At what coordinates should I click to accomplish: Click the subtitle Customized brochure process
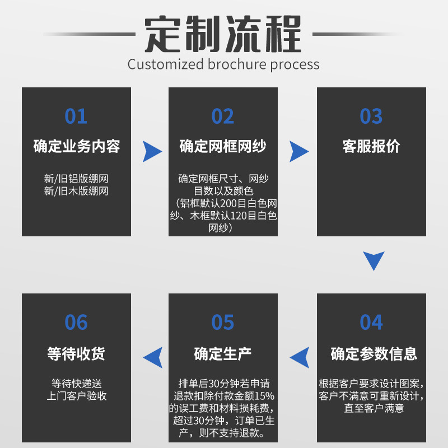click(223, 64)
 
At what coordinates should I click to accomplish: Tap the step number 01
click(76, 116)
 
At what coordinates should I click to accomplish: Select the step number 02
click(223, 116)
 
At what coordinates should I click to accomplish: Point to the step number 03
click(371, 116)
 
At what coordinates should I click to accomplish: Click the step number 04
click(371, 323)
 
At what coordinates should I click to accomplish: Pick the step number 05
click(223, 323)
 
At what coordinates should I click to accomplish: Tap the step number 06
click(76, 323)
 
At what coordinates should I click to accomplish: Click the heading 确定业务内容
click(77, 147)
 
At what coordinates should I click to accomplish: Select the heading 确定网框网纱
click(223, 147)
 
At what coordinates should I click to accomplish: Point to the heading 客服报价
click(371, 147)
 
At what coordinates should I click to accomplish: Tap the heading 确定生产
click(223, 354)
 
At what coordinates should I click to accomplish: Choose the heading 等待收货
click(76, 354)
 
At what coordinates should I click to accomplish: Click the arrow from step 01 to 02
click(151, 151)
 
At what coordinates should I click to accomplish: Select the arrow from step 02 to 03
click(298, 151)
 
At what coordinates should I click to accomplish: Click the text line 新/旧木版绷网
click(76, 191)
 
